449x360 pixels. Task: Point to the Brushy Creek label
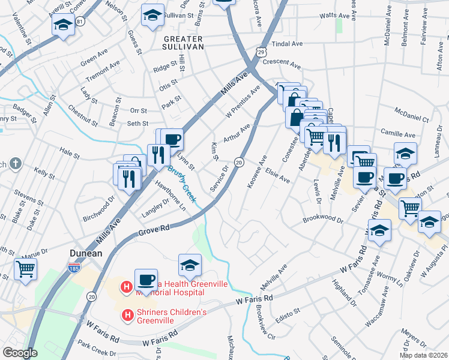click(x=182, y=184)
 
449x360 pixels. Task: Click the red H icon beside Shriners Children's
click(x=127, y=314)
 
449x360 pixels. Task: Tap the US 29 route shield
click(x=261, y=53)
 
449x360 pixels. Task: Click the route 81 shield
click(x=80, y=21)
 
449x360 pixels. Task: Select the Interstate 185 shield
click(x=74, y=266)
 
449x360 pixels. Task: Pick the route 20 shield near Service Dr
click(x=238, y=163)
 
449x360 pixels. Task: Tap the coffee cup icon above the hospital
click(x=146, y=278)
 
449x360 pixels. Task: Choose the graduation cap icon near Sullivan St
click(x=152, y=14)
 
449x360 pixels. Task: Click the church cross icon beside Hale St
click(x=16, y=163)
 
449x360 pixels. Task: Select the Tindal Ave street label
click(x=288, y=44)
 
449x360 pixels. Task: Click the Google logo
click(x=20, y=353)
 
